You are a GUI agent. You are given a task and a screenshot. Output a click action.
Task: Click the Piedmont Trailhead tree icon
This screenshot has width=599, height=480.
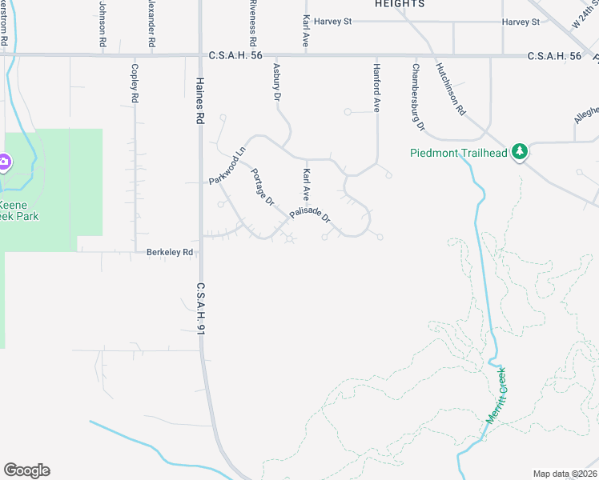point(520,151)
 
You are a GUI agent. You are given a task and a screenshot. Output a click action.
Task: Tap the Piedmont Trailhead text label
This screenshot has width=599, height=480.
point(459,152)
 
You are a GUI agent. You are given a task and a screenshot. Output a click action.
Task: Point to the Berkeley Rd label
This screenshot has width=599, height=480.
point(170,252)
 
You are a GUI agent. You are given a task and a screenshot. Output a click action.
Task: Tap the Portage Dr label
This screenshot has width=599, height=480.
point(263,186)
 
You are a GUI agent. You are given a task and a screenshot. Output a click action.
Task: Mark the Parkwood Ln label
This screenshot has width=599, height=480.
point(227,166)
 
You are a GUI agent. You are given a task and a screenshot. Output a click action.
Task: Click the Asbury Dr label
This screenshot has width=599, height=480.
point(277,82)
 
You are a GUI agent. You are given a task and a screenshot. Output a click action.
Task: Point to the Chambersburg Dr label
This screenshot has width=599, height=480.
point(416,98)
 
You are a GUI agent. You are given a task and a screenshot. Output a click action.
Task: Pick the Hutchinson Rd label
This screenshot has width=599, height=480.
point(451,89)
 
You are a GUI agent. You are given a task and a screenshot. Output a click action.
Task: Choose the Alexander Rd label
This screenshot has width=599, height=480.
point(150,19)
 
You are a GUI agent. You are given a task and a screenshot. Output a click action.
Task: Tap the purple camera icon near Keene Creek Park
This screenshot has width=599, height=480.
point(3,162)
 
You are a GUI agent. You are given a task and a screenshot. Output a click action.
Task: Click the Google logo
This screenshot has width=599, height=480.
point(26,470)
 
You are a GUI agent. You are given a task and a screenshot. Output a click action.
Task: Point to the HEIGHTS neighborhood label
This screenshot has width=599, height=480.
point(399,4)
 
